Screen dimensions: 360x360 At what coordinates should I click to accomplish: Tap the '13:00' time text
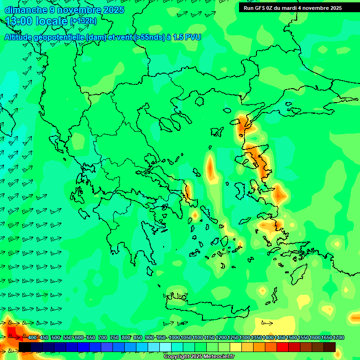(x=21, y=21)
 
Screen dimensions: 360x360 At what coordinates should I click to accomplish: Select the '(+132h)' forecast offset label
(x=83, y=21)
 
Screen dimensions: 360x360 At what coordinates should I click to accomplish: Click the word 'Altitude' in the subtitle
(x=18, y=37)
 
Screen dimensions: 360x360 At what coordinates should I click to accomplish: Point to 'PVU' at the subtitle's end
(x=193, y=37)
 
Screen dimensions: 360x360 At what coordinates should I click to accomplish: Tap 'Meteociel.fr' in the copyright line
(x=217, y=357)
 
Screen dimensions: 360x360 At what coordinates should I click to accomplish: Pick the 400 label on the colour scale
(x=32, y=337)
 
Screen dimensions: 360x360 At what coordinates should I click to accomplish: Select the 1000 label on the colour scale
(x=174, y=337)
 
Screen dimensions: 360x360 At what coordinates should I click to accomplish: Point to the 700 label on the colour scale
(x=102, y=337)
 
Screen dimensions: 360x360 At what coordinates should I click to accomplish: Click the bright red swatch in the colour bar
(x=283, y=347)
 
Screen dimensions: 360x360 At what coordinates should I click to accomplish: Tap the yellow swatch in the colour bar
(x=236, y=347)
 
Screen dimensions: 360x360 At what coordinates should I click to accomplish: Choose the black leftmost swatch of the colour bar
(x=24, y=347)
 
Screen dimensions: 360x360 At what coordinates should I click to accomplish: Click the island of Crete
(x=206, y=307)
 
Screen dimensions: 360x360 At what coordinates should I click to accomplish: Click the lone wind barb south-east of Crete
(x=267, y=322)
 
